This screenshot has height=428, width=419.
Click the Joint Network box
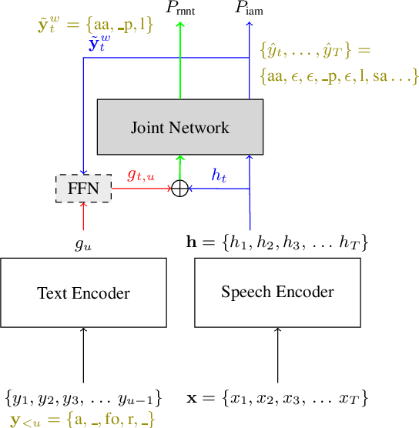coord(179,127)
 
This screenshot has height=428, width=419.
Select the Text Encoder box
coord(83,293)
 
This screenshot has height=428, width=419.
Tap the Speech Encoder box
coord(277,292)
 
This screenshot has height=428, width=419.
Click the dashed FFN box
coord(83,189)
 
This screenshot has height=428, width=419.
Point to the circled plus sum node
coord(179,189)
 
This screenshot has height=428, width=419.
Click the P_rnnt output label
coord(182,9)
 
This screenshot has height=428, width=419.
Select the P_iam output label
coord(249,9)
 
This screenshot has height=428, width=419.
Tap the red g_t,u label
coord(140,176)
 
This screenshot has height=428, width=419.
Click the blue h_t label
coord(220,176)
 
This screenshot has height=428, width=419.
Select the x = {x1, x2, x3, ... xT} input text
coord(277,399)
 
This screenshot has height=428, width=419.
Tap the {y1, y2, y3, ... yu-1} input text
coord(83,399)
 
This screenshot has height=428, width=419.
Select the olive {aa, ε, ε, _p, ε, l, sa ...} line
coord(339,75)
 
